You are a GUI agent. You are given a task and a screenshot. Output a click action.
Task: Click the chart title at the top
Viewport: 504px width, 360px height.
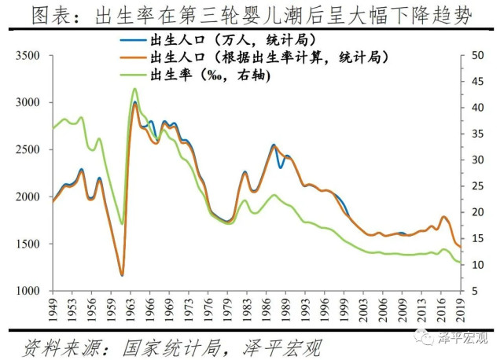[252, 14]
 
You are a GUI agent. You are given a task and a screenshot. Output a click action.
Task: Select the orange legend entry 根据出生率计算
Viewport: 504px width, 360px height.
[267, 57]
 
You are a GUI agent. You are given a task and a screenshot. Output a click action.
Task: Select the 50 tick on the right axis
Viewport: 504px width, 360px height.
[477, 56]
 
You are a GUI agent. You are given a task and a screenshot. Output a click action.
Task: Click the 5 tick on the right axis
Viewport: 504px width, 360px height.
[474, 291]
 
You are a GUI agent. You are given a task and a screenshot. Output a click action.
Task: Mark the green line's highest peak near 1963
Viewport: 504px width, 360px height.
[134, 89]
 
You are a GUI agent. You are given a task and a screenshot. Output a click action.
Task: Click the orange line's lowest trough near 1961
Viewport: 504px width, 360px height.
[122, 275]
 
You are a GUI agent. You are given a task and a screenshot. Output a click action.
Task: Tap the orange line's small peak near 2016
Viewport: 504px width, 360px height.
[444, 217]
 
